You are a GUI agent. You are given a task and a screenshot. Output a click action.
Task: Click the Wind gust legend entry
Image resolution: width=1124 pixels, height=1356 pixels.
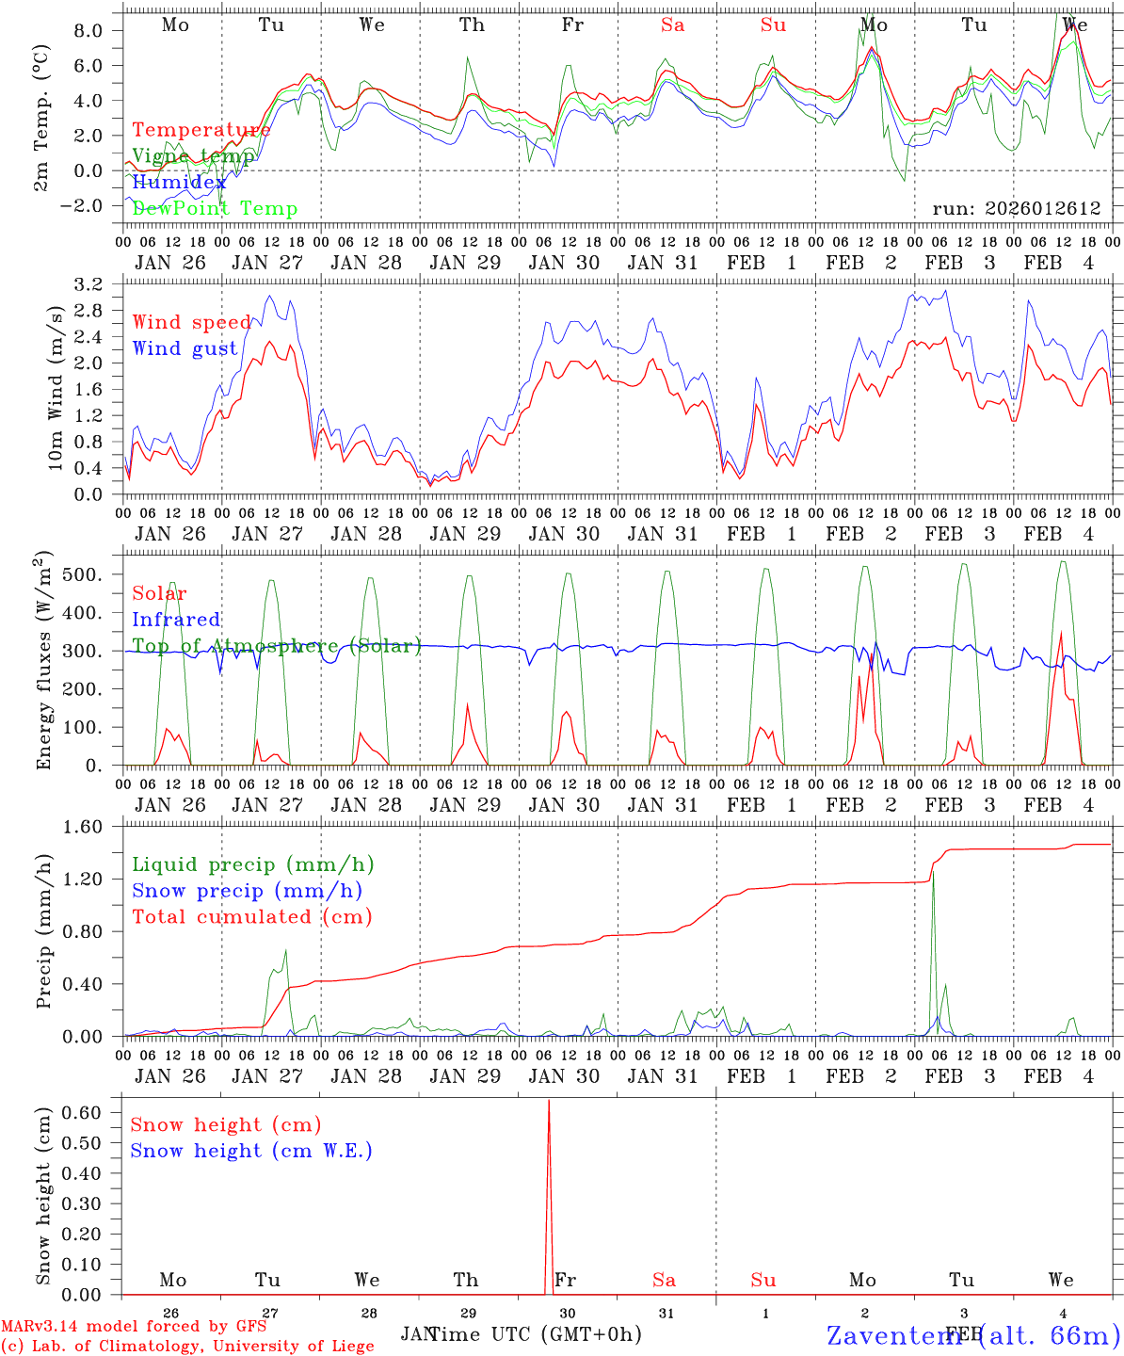(185, 348)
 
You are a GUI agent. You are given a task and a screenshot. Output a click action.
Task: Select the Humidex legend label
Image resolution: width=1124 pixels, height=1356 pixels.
(179, 183)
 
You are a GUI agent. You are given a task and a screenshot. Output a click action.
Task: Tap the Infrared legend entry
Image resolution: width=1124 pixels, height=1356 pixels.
(176, 620)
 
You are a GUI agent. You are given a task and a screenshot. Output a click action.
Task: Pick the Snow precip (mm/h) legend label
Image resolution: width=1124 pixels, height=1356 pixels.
(247, 891)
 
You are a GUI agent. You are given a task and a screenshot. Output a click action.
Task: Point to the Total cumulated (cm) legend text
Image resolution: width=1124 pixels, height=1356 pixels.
(251, 916)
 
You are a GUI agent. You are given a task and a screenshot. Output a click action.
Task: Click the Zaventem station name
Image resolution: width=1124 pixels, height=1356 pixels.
(972, 1334)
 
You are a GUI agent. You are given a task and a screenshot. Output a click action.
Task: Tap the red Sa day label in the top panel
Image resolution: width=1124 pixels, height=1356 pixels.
(672, 25)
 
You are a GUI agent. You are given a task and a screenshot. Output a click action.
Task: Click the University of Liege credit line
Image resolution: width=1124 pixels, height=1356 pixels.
(188, 1346)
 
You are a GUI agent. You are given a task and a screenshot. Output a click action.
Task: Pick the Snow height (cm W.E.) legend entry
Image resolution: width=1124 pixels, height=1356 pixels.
(251, 1151)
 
